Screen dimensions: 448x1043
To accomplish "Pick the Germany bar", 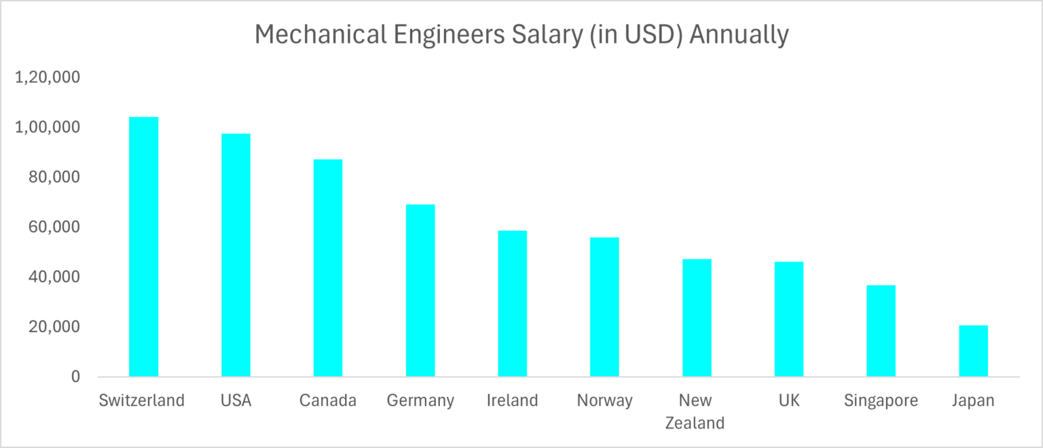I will click(420, 290).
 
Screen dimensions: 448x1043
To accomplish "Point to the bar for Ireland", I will click(512, 303).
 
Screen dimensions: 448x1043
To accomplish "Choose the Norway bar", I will click(604, 307).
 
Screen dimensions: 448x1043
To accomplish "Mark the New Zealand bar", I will click(697, 318).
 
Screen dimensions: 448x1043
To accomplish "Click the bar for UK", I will click(789, 319).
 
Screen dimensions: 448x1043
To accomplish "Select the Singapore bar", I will click(881, 331).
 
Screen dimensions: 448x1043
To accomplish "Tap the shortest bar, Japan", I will click(973, 351).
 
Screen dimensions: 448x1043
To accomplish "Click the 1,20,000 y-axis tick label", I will click(47, 77).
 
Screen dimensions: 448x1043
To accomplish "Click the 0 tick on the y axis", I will click(75, 377).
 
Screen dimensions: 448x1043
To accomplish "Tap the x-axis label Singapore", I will click(881, 400).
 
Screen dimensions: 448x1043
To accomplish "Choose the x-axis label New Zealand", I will click(695, 411).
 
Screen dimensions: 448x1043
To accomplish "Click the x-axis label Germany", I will click(420, 400).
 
